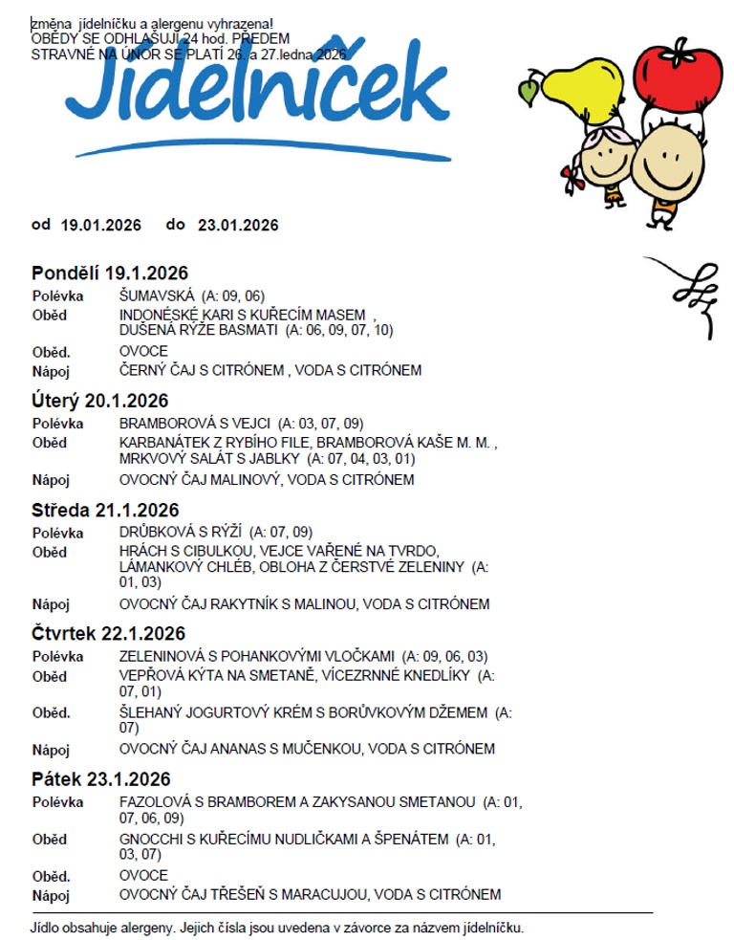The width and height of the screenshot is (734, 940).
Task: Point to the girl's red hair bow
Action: coord(571,176)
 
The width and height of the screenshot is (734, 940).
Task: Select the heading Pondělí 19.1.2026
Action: coord(110,273)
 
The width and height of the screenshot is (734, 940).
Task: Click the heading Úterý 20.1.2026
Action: coord(100,401)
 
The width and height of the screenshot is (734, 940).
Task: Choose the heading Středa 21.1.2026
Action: coord(106,511)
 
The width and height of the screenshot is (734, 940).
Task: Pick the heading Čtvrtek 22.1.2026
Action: coord(109,633)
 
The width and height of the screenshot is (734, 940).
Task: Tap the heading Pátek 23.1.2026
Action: coord(101,778)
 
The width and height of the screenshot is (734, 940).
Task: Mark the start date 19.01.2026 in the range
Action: coord(101,226)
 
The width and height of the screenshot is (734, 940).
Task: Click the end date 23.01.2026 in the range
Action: coord(238,226)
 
